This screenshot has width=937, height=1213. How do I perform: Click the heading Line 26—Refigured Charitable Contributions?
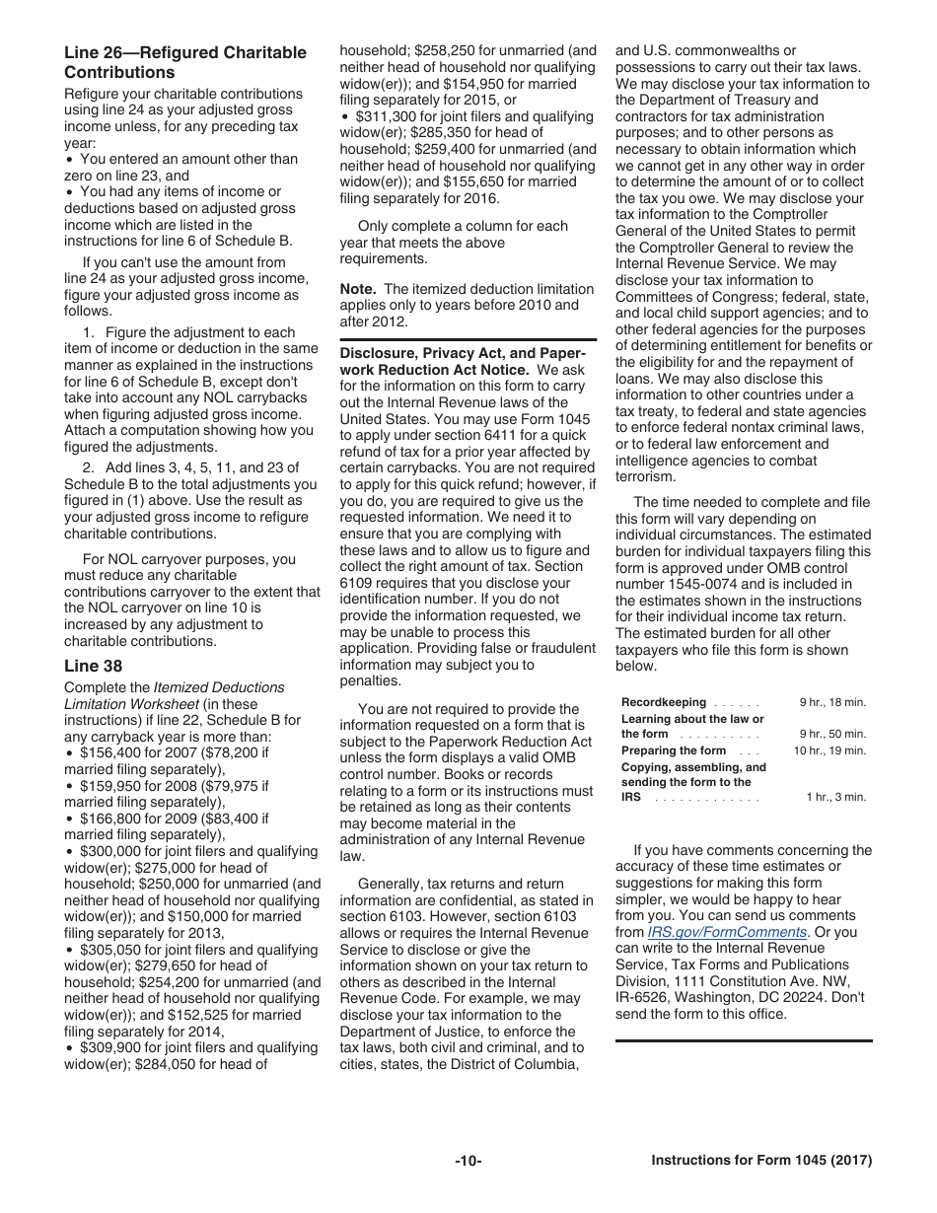pos(185,62)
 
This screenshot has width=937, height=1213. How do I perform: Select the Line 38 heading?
pos(93,666)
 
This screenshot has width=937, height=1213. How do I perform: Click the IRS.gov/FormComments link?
pos(727,932)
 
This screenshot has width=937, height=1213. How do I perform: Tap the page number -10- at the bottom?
pos(468,1161)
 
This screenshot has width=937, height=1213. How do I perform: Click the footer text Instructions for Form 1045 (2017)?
pos(761,1161)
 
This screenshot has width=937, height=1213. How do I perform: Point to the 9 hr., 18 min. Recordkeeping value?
pos(832,702)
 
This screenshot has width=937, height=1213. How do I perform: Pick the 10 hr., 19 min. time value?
pos(829,750)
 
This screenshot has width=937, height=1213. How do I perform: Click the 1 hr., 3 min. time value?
pos(835,797)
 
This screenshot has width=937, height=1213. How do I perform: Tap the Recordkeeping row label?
pos(663,702)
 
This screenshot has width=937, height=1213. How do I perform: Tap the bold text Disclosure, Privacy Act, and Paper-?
pos(463,353)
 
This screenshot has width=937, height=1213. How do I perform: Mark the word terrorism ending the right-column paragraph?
pos(646,476)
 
